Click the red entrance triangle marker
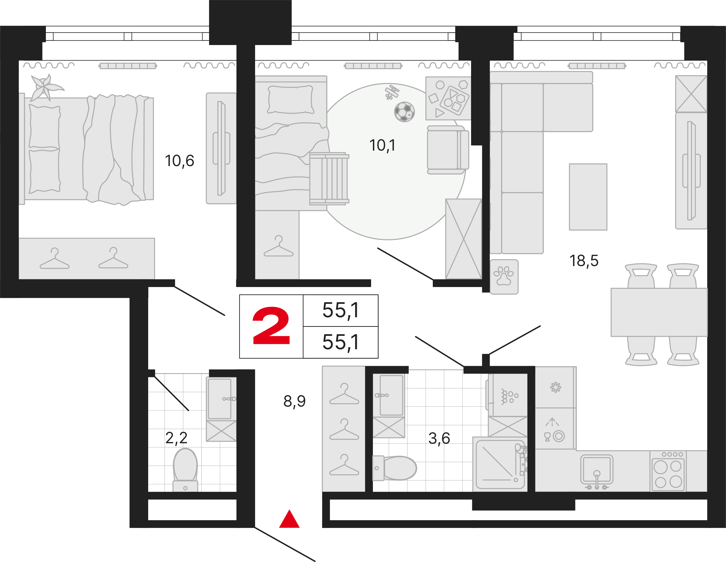(289, 519)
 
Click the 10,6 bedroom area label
(180, 161)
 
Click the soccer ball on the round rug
(404, 112)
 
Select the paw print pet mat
(504, 277)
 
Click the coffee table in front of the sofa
(588, 197)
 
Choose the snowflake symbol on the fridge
(555, 387)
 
